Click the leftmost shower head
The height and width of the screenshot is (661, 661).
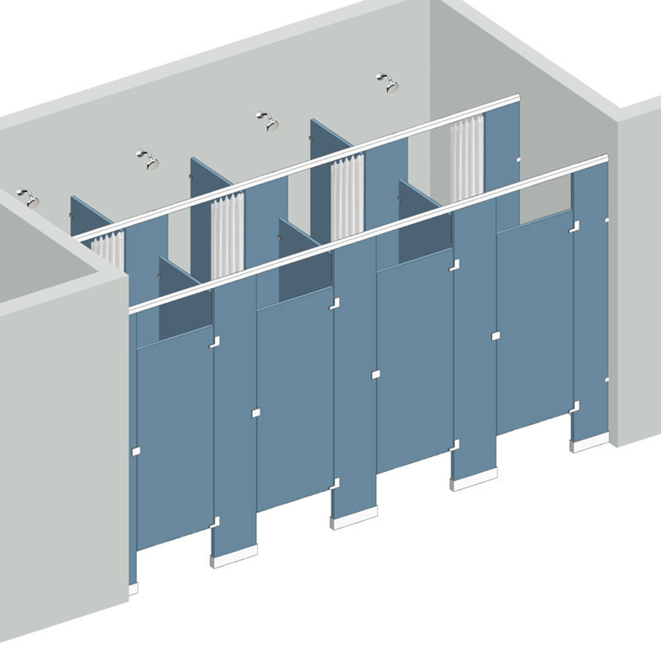pos(28,197)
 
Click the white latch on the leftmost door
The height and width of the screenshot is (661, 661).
pos(137,451)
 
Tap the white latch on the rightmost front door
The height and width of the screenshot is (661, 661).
pos(496,336)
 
